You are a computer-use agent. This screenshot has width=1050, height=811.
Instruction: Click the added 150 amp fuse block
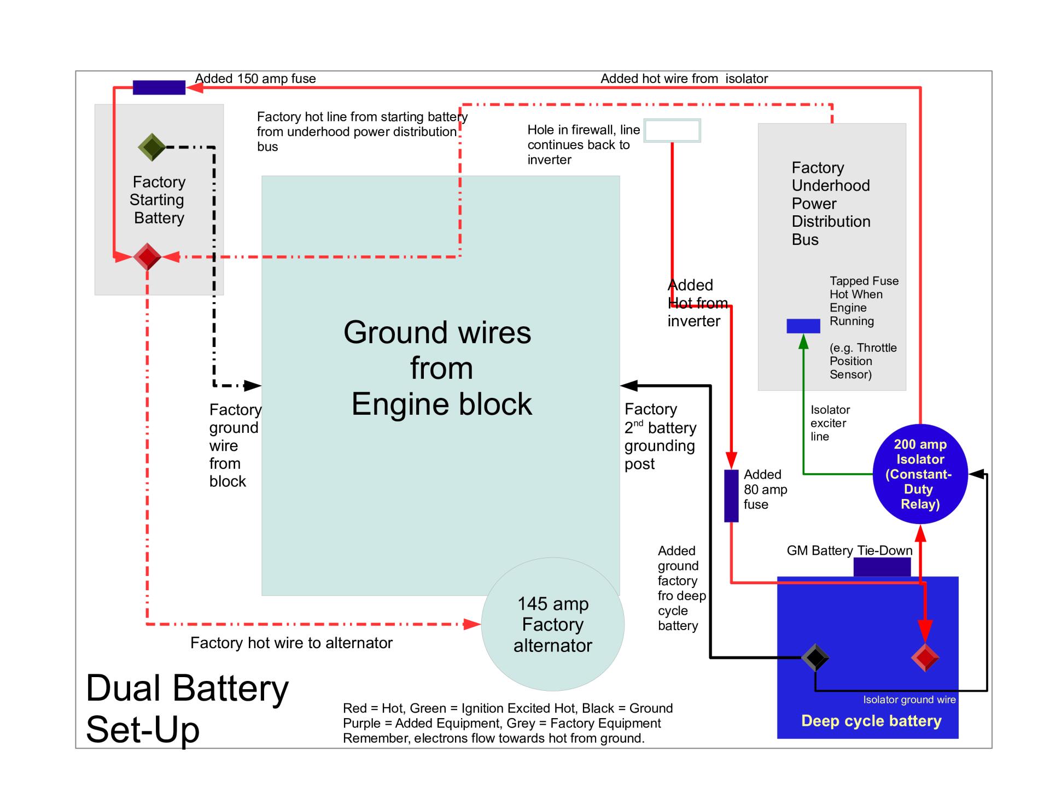[x=159, y=87]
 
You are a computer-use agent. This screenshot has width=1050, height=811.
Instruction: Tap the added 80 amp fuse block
[x=731, y=496]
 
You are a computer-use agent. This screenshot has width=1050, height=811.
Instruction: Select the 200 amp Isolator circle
[x=920, y=474]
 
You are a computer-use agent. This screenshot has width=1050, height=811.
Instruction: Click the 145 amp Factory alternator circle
[x=552, y=624]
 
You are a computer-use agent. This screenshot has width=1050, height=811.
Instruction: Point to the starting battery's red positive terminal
[x=147, y=256]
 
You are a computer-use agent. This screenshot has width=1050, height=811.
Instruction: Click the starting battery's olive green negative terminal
[x=151, y=147]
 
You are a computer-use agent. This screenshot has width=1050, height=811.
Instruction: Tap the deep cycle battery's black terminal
[x=815, y=657]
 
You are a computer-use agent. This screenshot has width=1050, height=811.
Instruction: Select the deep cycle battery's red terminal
[x=925, y=657]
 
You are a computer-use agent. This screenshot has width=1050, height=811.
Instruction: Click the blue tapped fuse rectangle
[x=803, y=326]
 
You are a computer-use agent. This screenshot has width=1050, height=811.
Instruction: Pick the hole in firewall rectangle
[x=672, y=131]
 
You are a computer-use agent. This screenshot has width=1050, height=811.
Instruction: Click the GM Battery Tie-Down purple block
[x=882, y=567]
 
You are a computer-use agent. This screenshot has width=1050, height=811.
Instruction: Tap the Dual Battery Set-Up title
[x=187, y=708]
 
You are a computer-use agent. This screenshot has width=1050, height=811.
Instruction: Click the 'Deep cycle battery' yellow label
[x=871, y=721]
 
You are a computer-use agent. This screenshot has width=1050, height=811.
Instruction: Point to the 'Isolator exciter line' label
[x=830, y=423]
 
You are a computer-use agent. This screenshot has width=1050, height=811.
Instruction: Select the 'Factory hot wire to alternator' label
[x=291, y=643]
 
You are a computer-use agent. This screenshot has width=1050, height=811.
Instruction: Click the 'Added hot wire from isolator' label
[x=684, y=79]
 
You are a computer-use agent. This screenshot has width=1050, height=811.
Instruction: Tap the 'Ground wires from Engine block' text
[x=440, y=368]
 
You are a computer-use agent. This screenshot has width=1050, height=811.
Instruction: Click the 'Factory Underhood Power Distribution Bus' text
[x=830, y=203]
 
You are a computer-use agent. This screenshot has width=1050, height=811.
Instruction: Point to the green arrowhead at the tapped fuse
[x=803, y=342]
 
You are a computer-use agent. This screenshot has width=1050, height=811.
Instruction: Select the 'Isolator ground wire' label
[x=909, y=700]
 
